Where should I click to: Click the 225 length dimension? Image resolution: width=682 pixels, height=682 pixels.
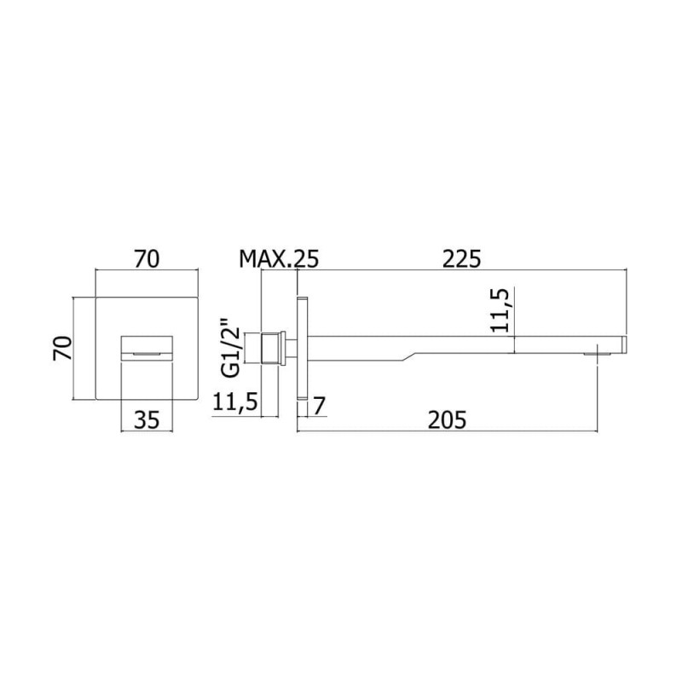[x=461, y=259]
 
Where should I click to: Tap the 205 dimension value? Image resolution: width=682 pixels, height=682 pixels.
[x=447, y=420]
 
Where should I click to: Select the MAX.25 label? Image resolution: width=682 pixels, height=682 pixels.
[x=279, y=259]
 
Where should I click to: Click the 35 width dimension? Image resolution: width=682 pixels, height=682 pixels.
[x=147, y=420]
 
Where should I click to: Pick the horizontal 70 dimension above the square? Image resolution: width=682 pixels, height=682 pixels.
[x=147, y=259]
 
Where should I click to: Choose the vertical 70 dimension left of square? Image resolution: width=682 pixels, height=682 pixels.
[x=62, y=348]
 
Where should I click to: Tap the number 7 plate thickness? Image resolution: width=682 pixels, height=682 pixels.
[x=319, y=407]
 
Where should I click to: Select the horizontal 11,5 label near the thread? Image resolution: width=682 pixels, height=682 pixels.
[x=235, y=402]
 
